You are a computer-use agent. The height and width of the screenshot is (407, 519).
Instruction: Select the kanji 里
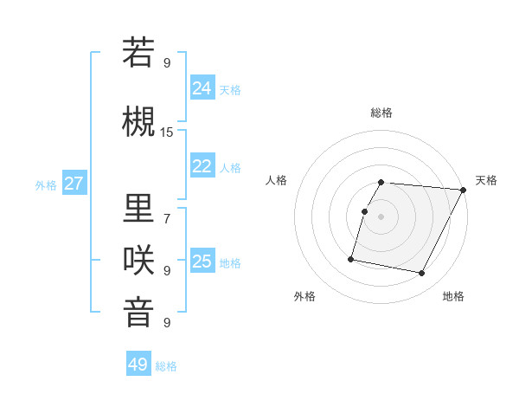click(138, 208)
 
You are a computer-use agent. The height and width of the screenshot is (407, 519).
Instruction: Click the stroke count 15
click(167, 132)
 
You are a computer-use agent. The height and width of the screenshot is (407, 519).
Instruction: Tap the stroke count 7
click(167, 218)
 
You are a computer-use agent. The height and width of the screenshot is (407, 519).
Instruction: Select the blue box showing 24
click(202, 87)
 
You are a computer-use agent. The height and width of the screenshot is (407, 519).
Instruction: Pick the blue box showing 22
click(202, 166)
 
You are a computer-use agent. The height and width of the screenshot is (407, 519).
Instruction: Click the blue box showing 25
click(202, 262)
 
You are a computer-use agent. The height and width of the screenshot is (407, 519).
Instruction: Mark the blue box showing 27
click(74, 184)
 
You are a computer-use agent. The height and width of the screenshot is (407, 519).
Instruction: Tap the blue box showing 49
click(138, 365)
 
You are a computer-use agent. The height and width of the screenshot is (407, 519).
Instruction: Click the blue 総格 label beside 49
click(166, 366)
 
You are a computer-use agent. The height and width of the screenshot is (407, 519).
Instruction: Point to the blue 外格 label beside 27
click(46, 185)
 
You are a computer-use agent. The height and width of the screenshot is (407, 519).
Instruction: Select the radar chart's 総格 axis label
click(381, 113)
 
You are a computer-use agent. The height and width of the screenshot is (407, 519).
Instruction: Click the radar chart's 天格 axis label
click(486, 180)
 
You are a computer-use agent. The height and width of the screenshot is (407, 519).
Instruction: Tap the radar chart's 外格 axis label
click(304, 296)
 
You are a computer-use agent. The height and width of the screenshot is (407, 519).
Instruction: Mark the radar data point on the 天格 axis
click(464, 190)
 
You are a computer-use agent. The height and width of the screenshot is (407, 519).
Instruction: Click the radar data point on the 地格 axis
click(422, 274)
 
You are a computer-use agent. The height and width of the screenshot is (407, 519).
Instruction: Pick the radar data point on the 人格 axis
click(364, 211)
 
